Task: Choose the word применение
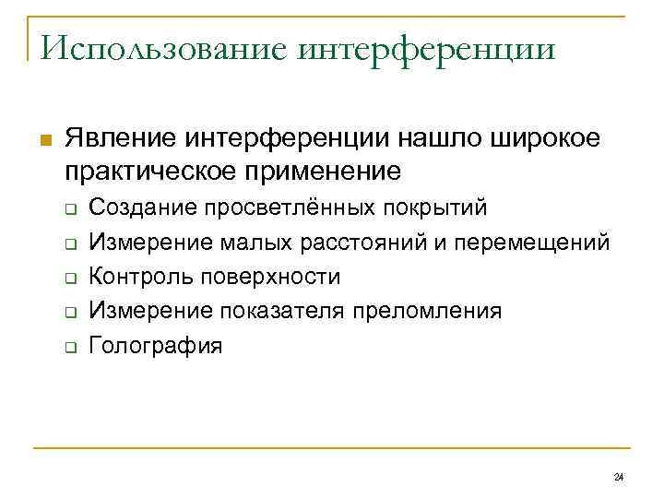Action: (x=320, y=171)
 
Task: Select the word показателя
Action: (x=281, y=311)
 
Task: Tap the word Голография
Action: (x=156, y=346)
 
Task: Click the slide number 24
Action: (x=618, y=477)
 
